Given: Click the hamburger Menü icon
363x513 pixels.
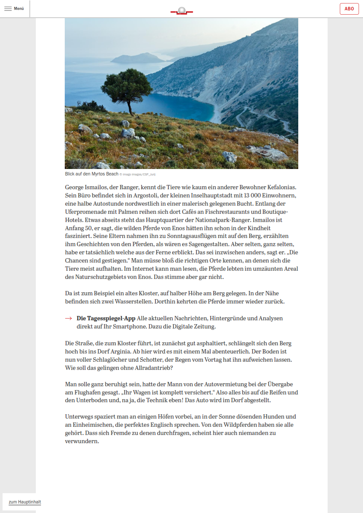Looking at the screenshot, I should pyautogui.click(x=8, y=9).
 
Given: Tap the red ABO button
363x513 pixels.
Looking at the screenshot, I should pyautogui.click(x=349, y=9).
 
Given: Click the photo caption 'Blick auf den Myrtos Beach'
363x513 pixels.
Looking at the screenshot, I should pyautogui.click(x=92, y=174).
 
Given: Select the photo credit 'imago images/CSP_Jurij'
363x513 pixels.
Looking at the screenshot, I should pyautogui.click(x=139, y=175).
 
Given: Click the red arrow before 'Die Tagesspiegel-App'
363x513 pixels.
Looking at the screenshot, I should pyautogui.click(x=68, y=319).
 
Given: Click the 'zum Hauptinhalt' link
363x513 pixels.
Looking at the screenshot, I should pyautogui.click(x=25, y=502).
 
